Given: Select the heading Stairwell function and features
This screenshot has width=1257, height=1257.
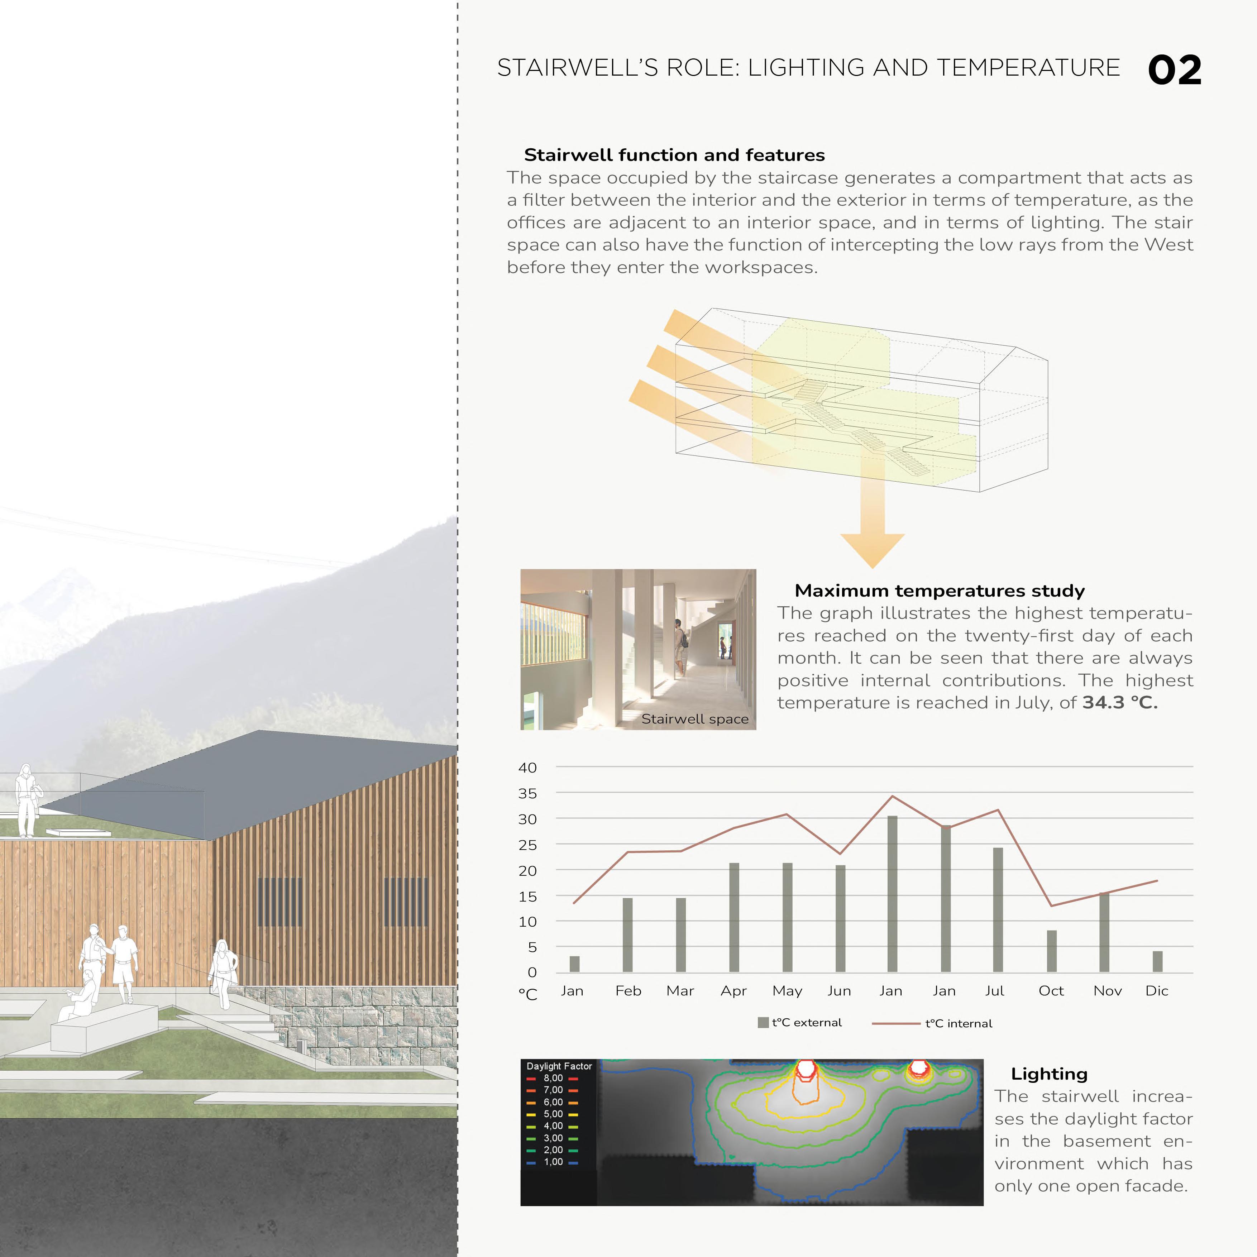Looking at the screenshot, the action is [x=674, y=155].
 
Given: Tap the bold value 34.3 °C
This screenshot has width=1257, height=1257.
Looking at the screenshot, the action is [x=1120, y=703].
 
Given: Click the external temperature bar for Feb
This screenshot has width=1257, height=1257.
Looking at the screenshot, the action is [x=627, y=935].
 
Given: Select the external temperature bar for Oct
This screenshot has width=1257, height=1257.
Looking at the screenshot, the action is [x=1051, y=951].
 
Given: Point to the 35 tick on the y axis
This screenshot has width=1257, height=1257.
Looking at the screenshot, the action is [x=528, y=793].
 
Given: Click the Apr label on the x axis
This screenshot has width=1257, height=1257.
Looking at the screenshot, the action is [x=733, y=991].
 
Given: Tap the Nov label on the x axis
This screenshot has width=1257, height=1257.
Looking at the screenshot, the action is [x=1107, y=991].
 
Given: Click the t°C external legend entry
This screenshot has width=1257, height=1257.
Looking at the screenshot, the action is [x=800, y=1023].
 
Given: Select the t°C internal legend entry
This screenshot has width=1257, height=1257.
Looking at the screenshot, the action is [x=958, y=1023].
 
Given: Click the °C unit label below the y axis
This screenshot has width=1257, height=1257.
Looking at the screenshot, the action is [x=528, y=994].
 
